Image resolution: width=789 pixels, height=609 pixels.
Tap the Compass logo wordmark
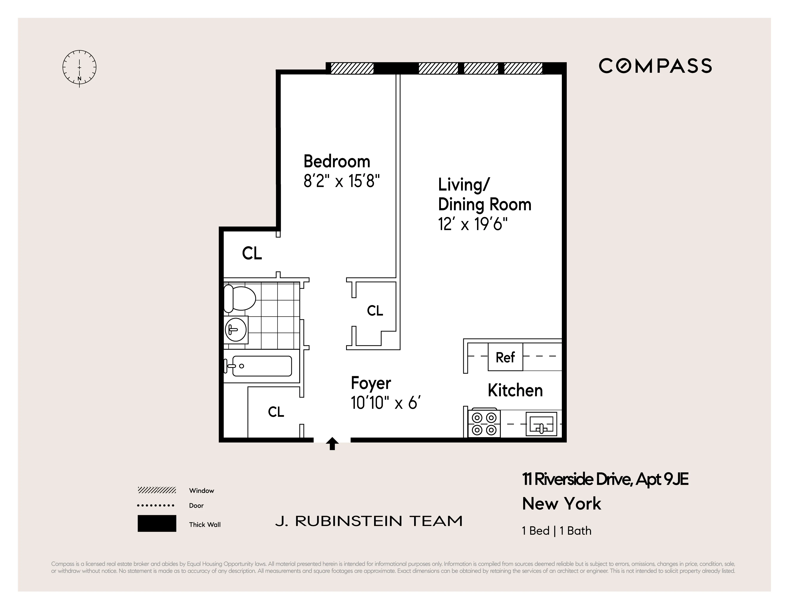pyautogui.click(x=655, y=66)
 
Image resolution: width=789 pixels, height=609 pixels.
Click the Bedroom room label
pyautogui.click(x=337, y=161)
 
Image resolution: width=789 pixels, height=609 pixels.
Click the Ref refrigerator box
pyautogui.click(x=505, y=357)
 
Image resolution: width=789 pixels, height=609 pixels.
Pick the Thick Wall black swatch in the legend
pyautogui.click(x=157, y=523)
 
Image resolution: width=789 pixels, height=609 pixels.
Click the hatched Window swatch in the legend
pyautogui.click(x=157, y=490)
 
